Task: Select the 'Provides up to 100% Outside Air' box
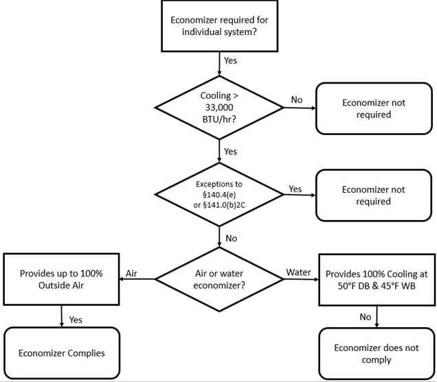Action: pos(61,279)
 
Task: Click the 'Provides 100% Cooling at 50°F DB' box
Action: pos(376,279)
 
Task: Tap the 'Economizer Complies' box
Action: pos(61,353)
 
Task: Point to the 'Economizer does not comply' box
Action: pos(376,354)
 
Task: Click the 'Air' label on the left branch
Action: pos(132,273)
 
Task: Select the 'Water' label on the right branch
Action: pos(298,273)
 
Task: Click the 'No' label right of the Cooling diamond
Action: pos(296,100)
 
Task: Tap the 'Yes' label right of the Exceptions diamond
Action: pos(295,188)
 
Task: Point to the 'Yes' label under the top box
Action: pos(231,60)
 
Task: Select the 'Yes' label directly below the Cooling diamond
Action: pos(231,151)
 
